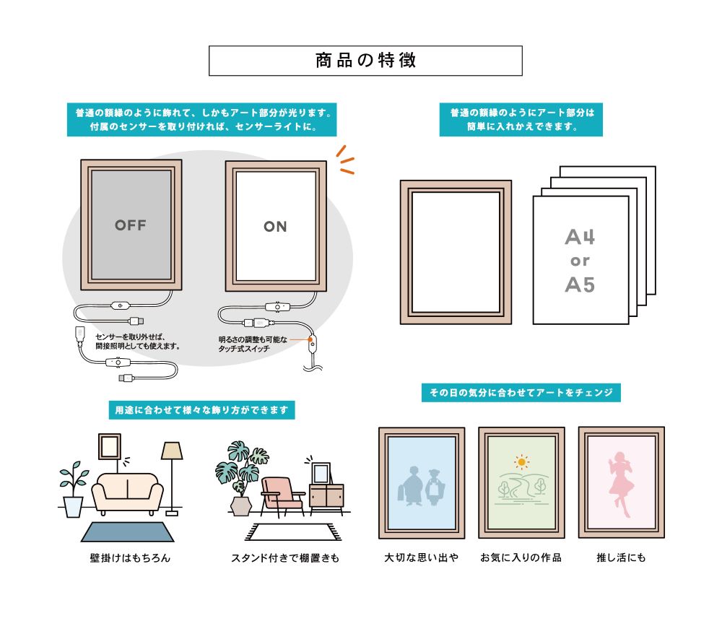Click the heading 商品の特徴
[365, 61]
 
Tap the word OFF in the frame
[131, 225]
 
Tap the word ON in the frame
[275, 227]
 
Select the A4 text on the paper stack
[580, 237]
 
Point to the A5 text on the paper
[580, 285]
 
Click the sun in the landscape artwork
[521, 461]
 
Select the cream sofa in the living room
[128, 494]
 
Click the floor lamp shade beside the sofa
[172, 451]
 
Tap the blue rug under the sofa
[128, 532]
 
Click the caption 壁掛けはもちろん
[130, 558]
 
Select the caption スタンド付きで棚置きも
[285, 558]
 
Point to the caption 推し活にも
[621, 557]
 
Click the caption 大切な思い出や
[422, 557]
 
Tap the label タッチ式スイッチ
[244, 349]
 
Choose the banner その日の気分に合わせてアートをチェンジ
[521, 393]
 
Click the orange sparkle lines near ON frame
[345, 160]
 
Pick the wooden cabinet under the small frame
[326, 498]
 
